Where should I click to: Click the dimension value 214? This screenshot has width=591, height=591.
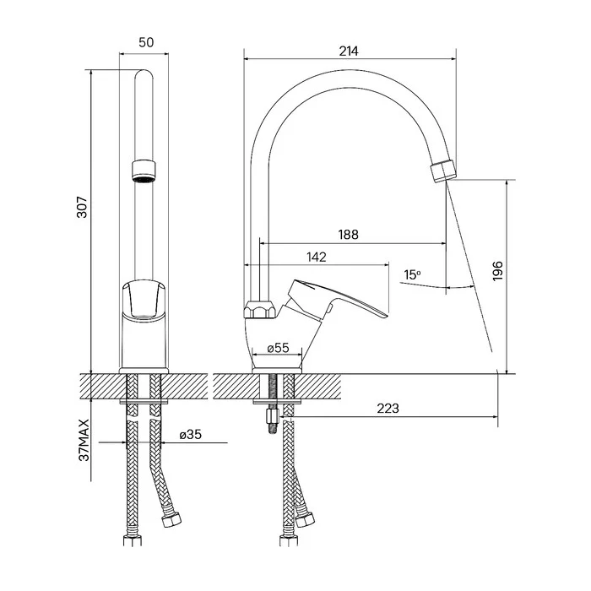coord(348,52)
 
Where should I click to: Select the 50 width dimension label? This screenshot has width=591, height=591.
coord(146,42)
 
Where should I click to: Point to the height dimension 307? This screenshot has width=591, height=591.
coord(82,208)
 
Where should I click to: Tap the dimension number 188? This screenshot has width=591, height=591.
coord(348,235)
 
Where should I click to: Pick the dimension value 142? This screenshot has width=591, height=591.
coord(317,257)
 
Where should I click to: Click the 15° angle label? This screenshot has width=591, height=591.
coord(412,274)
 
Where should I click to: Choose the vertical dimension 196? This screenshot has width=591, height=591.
coord(498,271)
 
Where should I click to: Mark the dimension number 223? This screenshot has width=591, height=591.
coord(388,408)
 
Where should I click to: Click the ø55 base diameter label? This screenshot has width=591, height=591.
coord(278,348)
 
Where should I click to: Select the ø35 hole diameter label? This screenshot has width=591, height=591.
coord(190,435)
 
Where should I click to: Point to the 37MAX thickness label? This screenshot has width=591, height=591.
coord(84,440)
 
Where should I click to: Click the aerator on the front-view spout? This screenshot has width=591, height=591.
coord(144,172)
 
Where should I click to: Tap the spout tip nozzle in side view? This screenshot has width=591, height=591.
coord(443,171)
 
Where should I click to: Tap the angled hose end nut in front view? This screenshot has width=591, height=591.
coord(171,520)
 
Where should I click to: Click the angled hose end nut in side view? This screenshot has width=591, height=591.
coord(305,519)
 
